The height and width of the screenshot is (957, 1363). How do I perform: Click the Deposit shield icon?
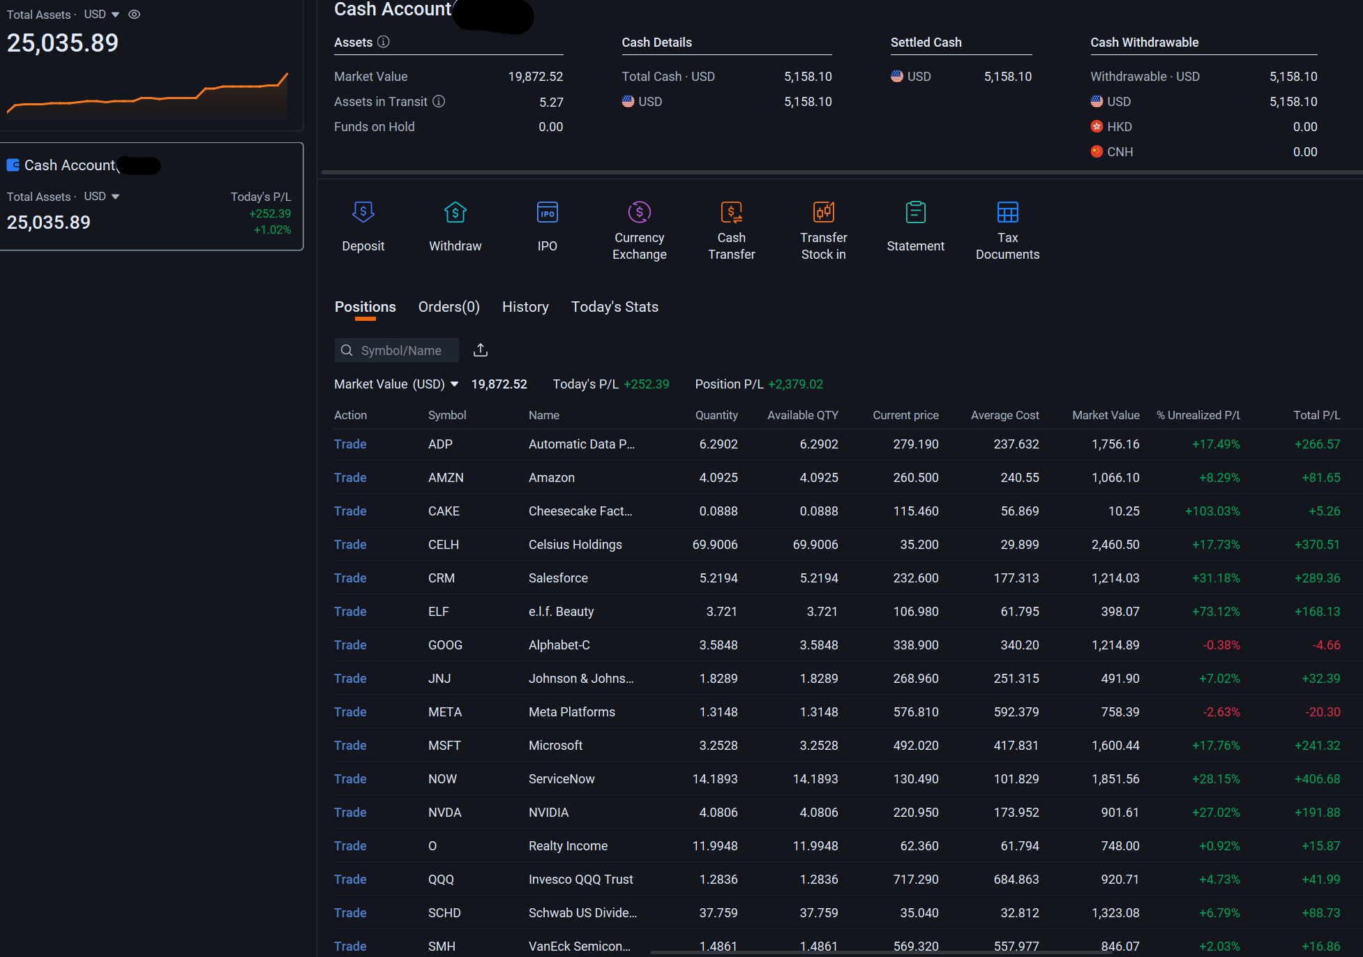[363, 212]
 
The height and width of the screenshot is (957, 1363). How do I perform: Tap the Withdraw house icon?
[455, 212]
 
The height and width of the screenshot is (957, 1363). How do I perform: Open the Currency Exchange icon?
[640, 212]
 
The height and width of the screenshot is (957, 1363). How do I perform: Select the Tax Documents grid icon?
[1008, 212]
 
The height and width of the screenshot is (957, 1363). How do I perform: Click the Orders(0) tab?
[449, 307]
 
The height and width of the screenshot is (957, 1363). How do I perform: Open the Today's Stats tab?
[615, 307]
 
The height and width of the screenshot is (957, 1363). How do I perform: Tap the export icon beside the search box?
[481, 350]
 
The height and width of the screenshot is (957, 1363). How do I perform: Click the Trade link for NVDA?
[350, 813]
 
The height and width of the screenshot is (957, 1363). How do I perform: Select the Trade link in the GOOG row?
[350, 645]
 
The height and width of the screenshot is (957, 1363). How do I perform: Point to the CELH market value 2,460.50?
[1115, 545]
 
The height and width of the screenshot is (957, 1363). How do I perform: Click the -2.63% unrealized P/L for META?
[1221, 712]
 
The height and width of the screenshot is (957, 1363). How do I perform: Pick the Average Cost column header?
[1005, 415]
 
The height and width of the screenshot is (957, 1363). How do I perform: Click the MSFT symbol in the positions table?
[444, 746]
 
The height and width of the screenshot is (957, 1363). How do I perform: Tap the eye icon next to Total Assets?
[135, 14]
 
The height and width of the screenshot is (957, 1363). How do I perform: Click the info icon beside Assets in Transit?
[439, 101]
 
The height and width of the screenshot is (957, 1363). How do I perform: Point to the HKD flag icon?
[1097, 126]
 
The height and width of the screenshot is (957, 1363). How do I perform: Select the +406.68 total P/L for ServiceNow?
[1318, 779]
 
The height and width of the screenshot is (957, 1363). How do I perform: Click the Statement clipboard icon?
[916, 212]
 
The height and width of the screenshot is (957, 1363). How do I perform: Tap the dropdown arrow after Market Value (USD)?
[454, 384]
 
